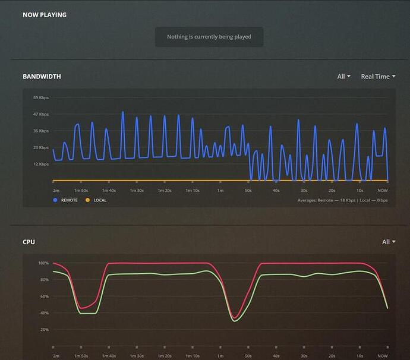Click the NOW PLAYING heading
45,15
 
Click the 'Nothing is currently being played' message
209,37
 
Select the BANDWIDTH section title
42,77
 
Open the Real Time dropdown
378,77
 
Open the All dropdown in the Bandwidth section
343,77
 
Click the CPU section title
29,242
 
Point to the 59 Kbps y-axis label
40,97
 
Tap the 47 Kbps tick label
40,114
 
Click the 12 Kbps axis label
40,164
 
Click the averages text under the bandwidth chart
342,200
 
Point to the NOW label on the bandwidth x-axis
382,190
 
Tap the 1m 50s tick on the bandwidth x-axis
81,190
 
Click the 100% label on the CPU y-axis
43,263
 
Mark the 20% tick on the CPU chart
44,330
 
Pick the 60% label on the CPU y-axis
44,296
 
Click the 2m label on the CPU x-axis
56,356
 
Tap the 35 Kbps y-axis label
40,131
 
